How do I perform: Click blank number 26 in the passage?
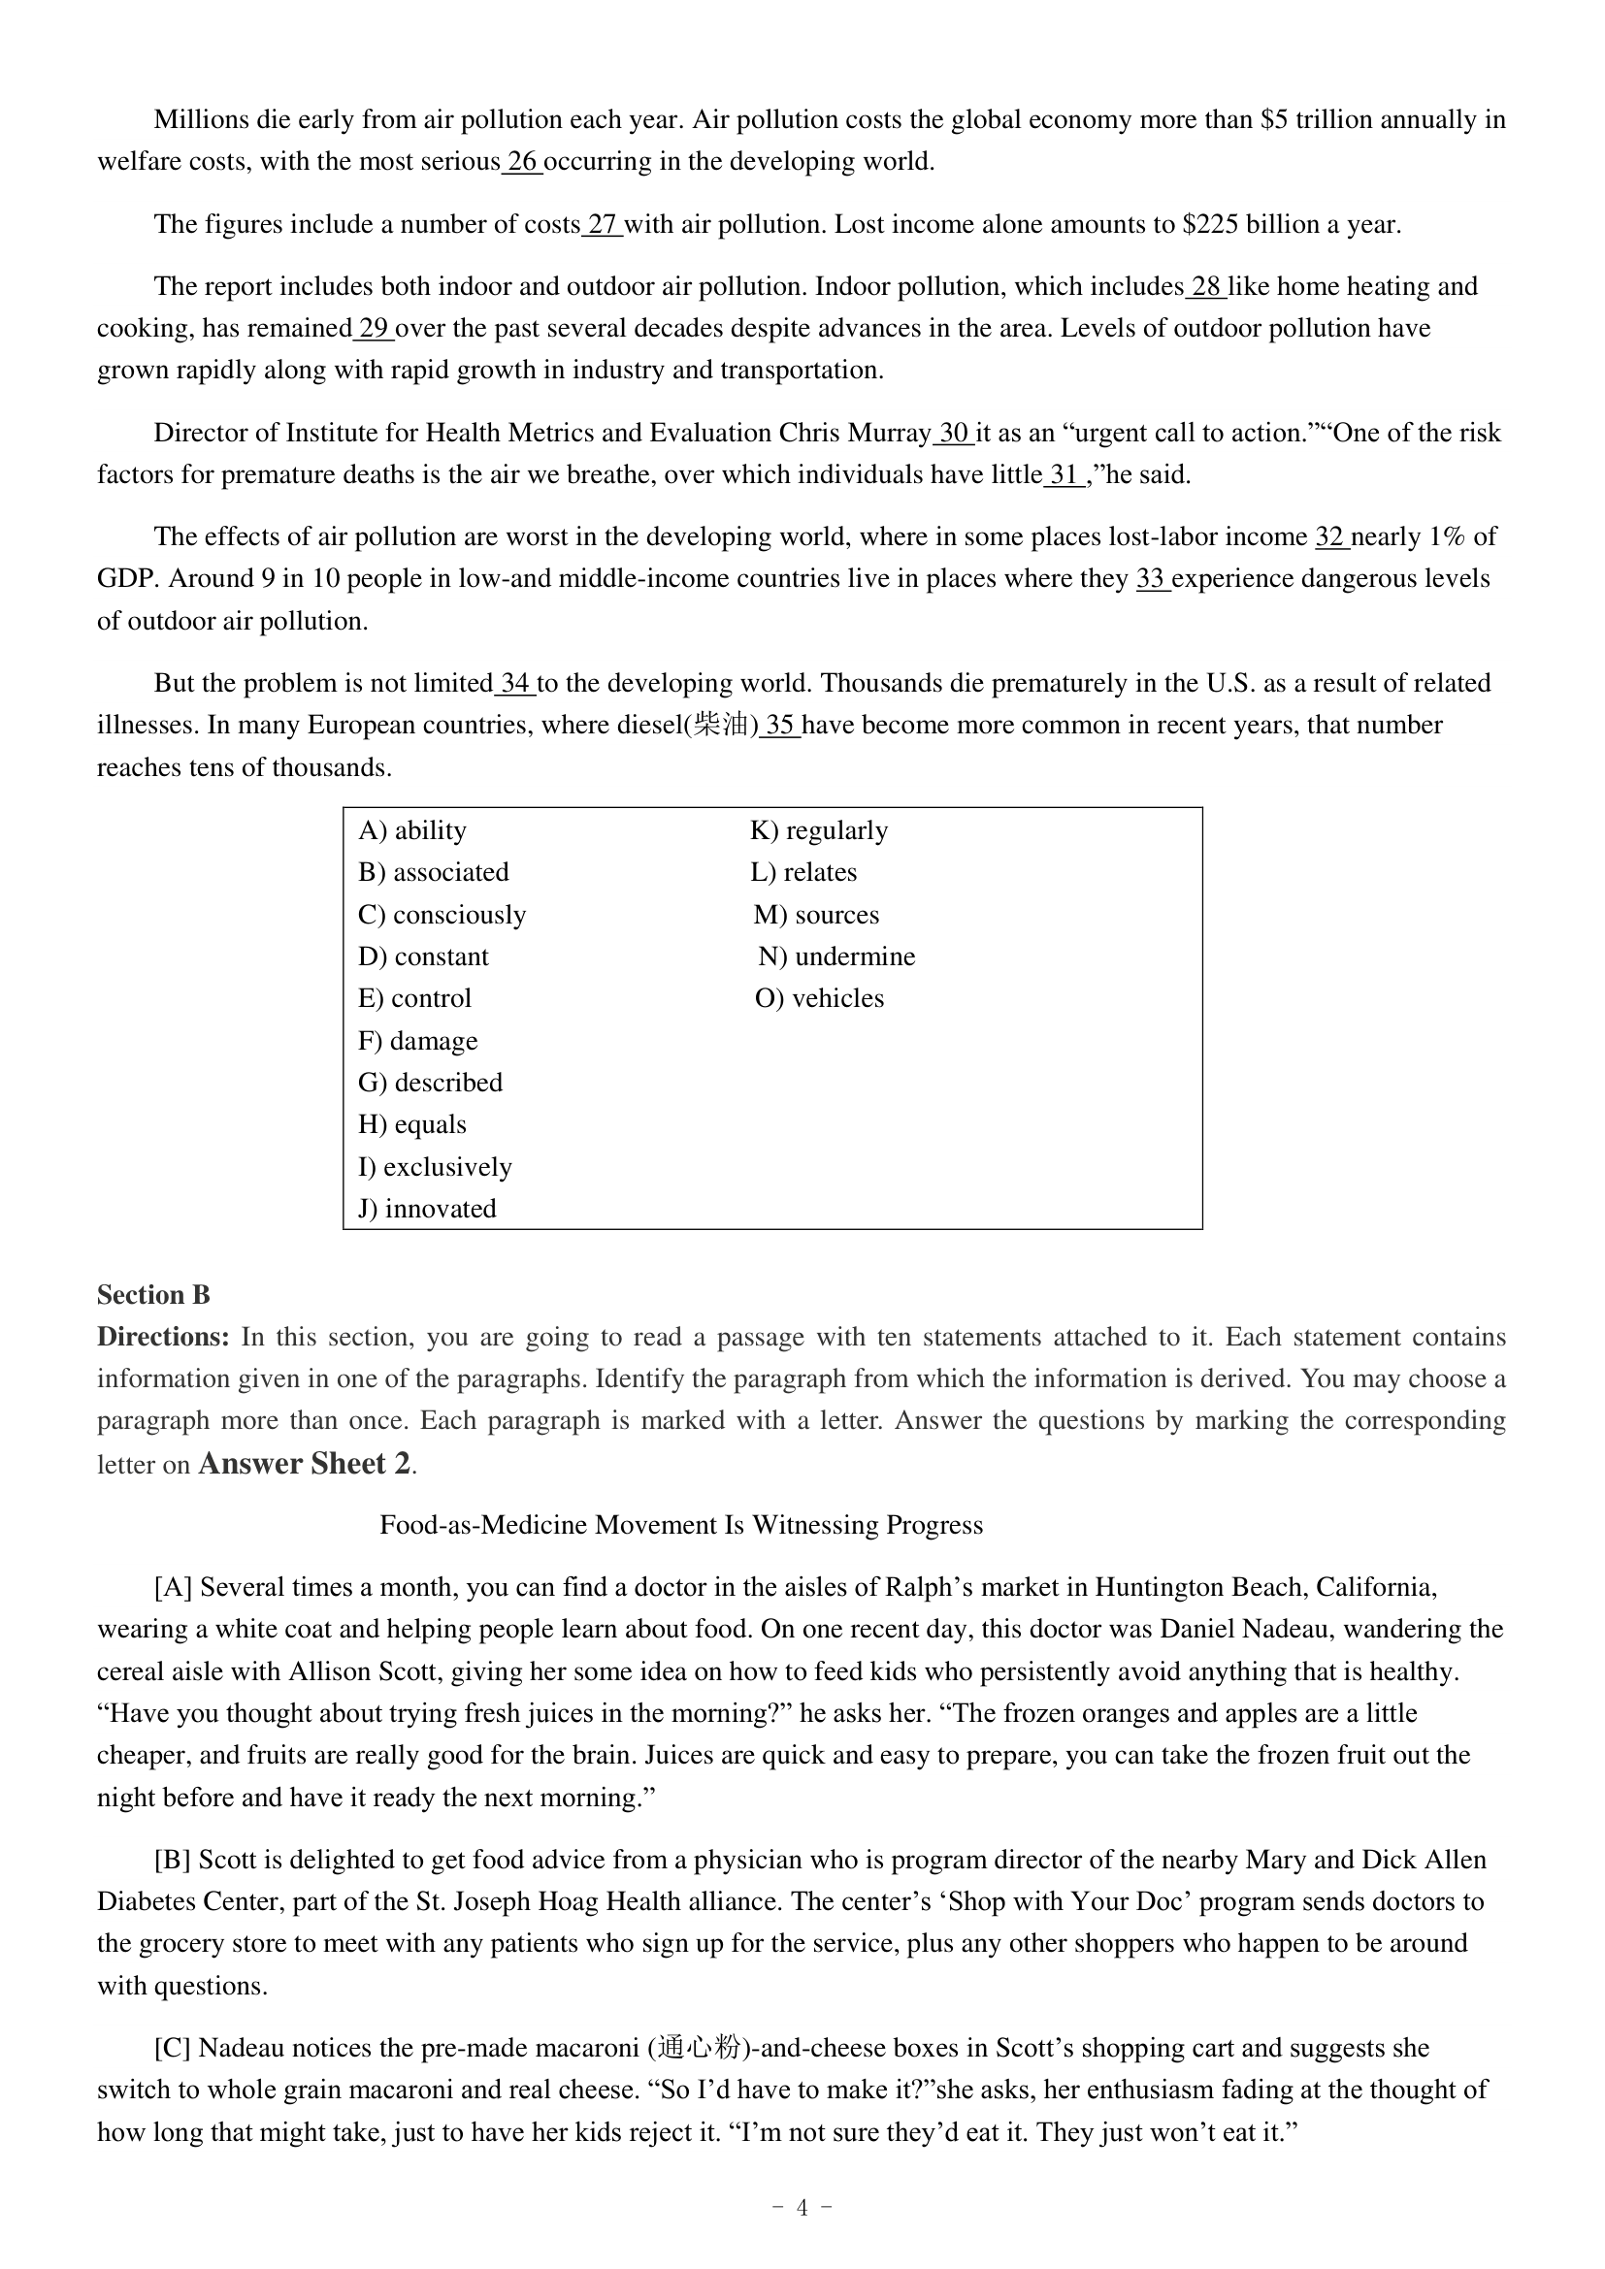(x=523, y=162)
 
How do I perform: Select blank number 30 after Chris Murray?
(x=954, y=433)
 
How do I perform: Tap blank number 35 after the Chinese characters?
(x=780, y=726)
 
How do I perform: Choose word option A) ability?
(x=412, y=830)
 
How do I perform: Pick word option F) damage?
(x=418, y=1041)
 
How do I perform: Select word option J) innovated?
(x=427, y=1209)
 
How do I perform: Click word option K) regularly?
(x=819, y=830)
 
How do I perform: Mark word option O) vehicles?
(x=819, y=998)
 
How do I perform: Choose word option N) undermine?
(x=837, y=956)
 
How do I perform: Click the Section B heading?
(x=153, y=1296)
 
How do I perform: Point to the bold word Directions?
(x=163, y=1337)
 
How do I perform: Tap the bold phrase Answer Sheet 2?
(x=305, y=1464)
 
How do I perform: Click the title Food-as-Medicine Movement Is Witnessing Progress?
(x=681, y=1525)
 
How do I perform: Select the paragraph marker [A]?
(x=173, y=1587)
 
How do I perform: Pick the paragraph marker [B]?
(x=173, y=1860)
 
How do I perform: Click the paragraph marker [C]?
(x=173, y=2048)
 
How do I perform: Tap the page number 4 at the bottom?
(x=802, y=2208)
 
